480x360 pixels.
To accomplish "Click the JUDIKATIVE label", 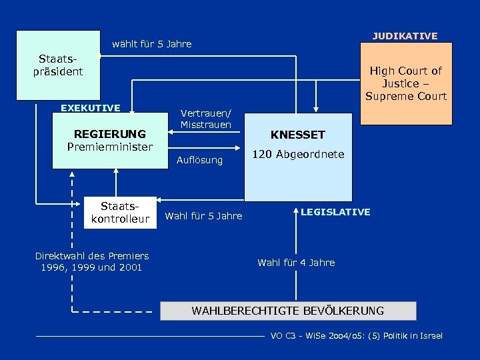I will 405,36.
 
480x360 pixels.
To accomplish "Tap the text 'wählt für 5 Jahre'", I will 151,44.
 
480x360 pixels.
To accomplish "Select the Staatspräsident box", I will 58,65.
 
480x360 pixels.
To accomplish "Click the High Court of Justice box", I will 405,83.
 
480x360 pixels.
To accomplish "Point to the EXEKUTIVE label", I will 91,108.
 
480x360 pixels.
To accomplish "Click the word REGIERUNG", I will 110,134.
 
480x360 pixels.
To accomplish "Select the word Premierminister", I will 110,147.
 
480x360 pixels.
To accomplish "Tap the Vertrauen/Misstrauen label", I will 206,119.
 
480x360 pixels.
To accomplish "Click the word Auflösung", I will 199,160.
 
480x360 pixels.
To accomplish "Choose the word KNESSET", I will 297,135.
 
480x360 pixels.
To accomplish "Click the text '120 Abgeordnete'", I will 297,154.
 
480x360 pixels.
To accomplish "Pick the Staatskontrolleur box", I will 120,213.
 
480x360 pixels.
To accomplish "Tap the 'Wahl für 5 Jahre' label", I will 203,216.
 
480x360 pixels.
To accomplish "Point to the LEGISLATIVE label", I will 335,212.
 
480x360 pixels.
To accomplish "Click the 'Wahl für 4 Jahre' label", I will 296,263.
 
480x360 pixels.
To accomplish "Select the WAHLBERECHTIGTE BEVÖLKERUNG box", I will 287,311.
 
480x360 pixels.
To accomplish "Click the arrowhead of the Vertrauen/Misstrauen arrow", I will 170,132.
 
